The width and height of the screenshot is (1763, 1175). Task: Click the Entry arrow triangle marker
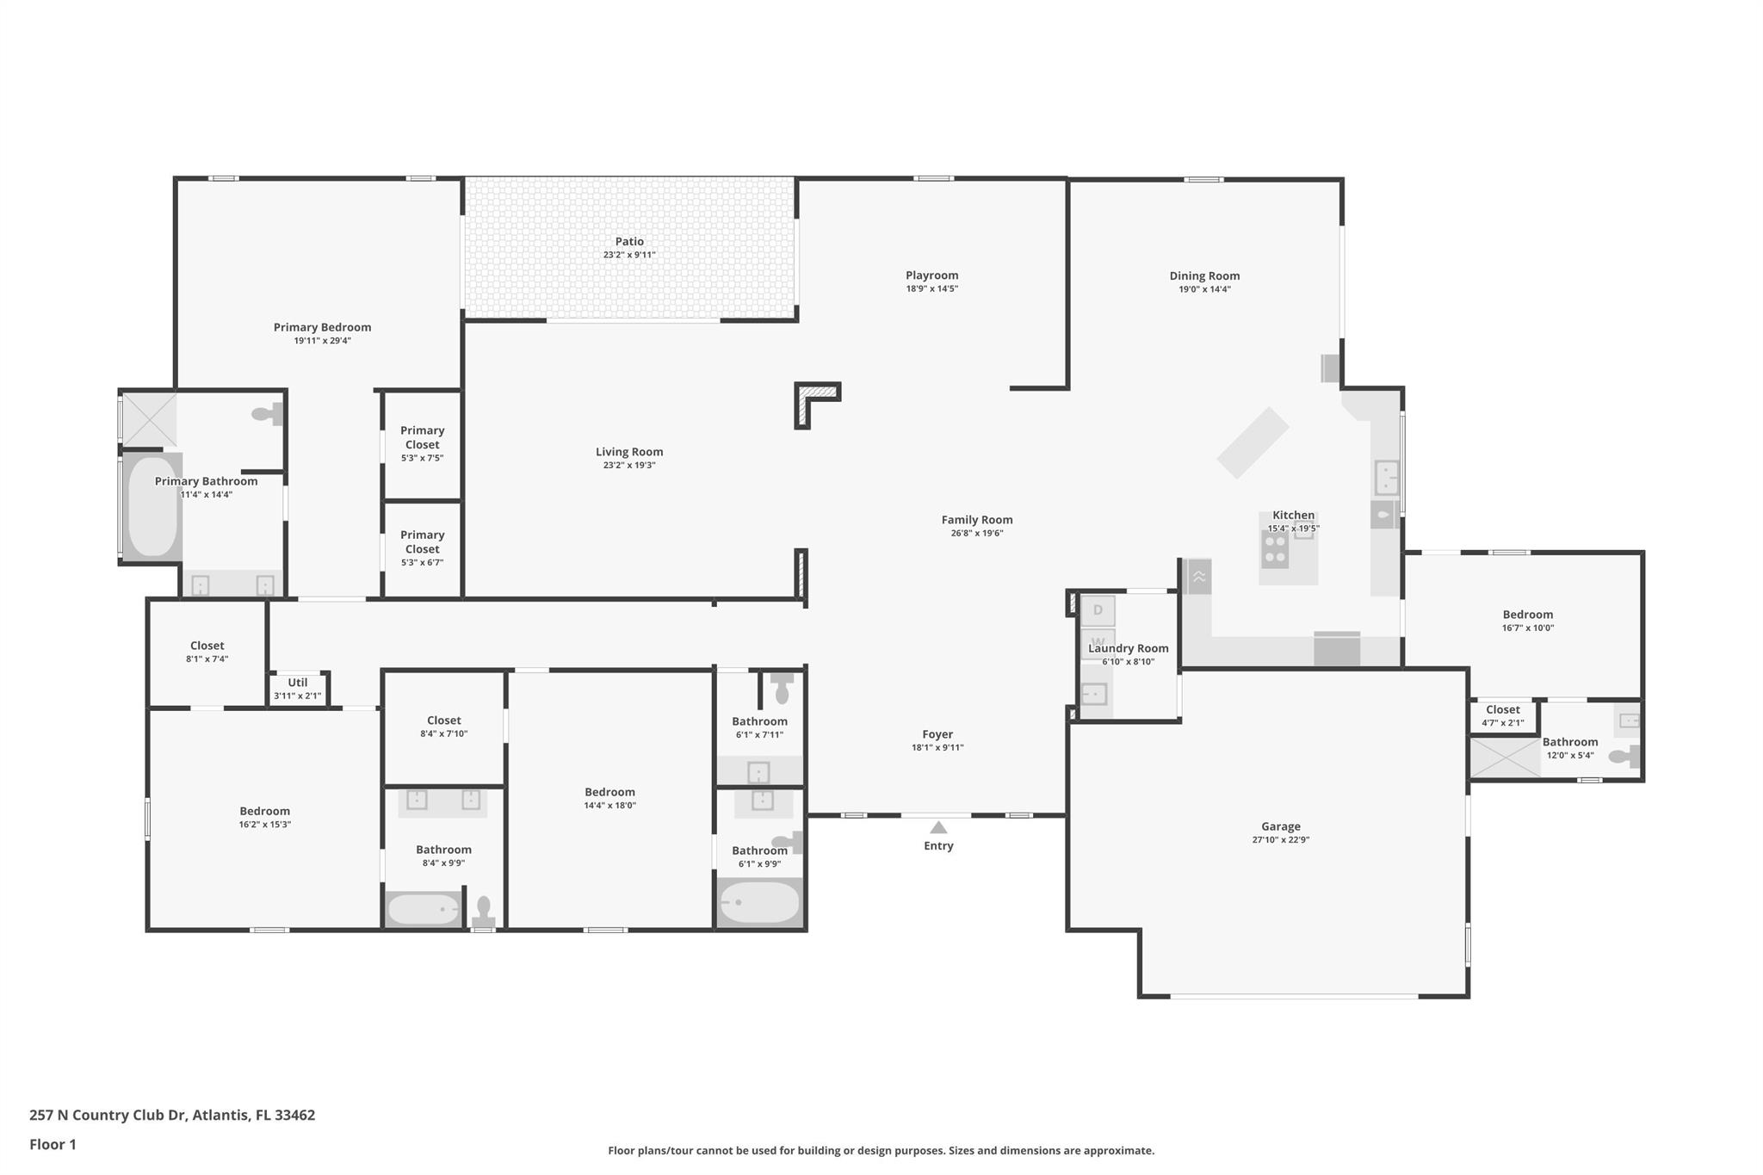point(938,827)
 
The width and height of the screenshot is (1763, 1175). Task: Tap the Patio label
point(629,242)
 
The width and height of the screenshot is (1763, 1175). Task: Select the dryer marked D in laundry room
point(1098,610)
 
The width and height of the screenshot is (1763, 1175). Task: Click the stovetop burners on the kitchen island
point(1274,548)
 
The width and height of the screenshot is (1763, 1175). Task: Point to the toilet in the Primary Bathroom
point(268,414)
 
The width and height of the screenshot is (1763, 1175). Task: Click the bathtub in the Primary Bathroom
point(152,505)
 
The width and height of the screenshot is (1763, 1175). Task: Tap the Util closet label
point(297,683)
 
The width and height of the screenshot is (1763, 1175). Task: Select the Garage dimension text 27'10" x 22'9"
point(1280,840)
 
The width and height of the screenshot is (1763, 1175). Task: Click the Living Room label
point(629,452)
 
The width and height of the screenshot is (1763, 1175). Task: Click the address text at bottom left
point(172,1115)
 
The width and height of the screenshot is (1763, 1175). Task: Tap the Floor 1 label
point(53,1144)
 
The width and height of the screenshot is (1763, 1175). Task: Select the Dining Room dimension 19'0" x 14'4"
point(1204,289)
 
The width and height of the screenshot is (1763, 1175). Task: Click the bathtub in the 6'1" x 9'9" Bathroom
point(759,902)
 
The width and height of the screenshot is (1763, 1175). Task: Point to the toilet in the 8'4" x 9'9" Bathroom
point(484,910)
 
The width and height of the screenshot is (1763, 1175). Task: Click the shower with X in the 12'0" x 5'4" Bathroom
point(1504,758)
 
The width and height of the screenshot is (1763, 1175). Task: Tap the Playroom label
point(931,275)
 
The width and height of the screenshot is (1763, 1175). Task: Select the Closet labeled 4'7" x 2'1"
point(1502,715)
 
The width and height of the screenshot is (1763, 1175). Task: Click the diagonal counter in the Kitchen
point(1253,442)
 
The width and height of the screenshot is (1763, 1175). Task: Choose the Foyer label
point(937,734)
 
